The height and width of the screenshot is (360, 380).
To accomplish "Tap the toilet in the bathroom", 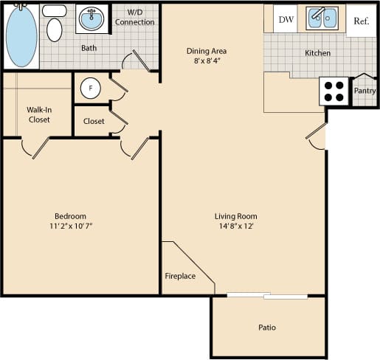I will (x=54, y=26).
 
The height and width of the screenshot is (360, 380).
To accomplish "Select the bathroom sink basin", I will (x=91, y=19).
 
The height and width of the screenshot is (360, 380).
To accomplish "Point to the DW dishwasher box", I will (x=286, y=20).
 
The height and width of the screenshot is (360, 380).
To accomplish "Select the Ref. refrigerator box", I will (x=361, y=21).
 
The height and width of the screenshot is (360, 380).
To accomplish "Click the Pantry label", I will (x=365, y=91).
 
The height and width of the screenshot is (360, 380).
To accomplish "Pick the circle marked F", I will (x=91, y=89).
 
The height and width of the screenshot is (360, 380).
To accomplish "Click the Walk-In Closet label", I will (x=38, y=115).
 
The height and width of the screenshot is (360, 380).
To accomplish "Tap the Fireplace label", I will (x=180, y=277).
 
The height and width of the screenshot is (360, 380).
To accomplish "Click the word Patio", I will (x=267, y=327).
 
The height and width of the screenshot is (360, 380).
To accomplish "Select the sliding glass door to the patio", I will (x=267, y=297).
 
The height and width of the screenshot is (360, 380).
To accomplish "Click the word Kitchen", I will (x=317, y=53).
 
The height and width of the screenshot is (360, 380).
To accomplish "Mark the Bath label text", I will (x=89, y=49).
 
